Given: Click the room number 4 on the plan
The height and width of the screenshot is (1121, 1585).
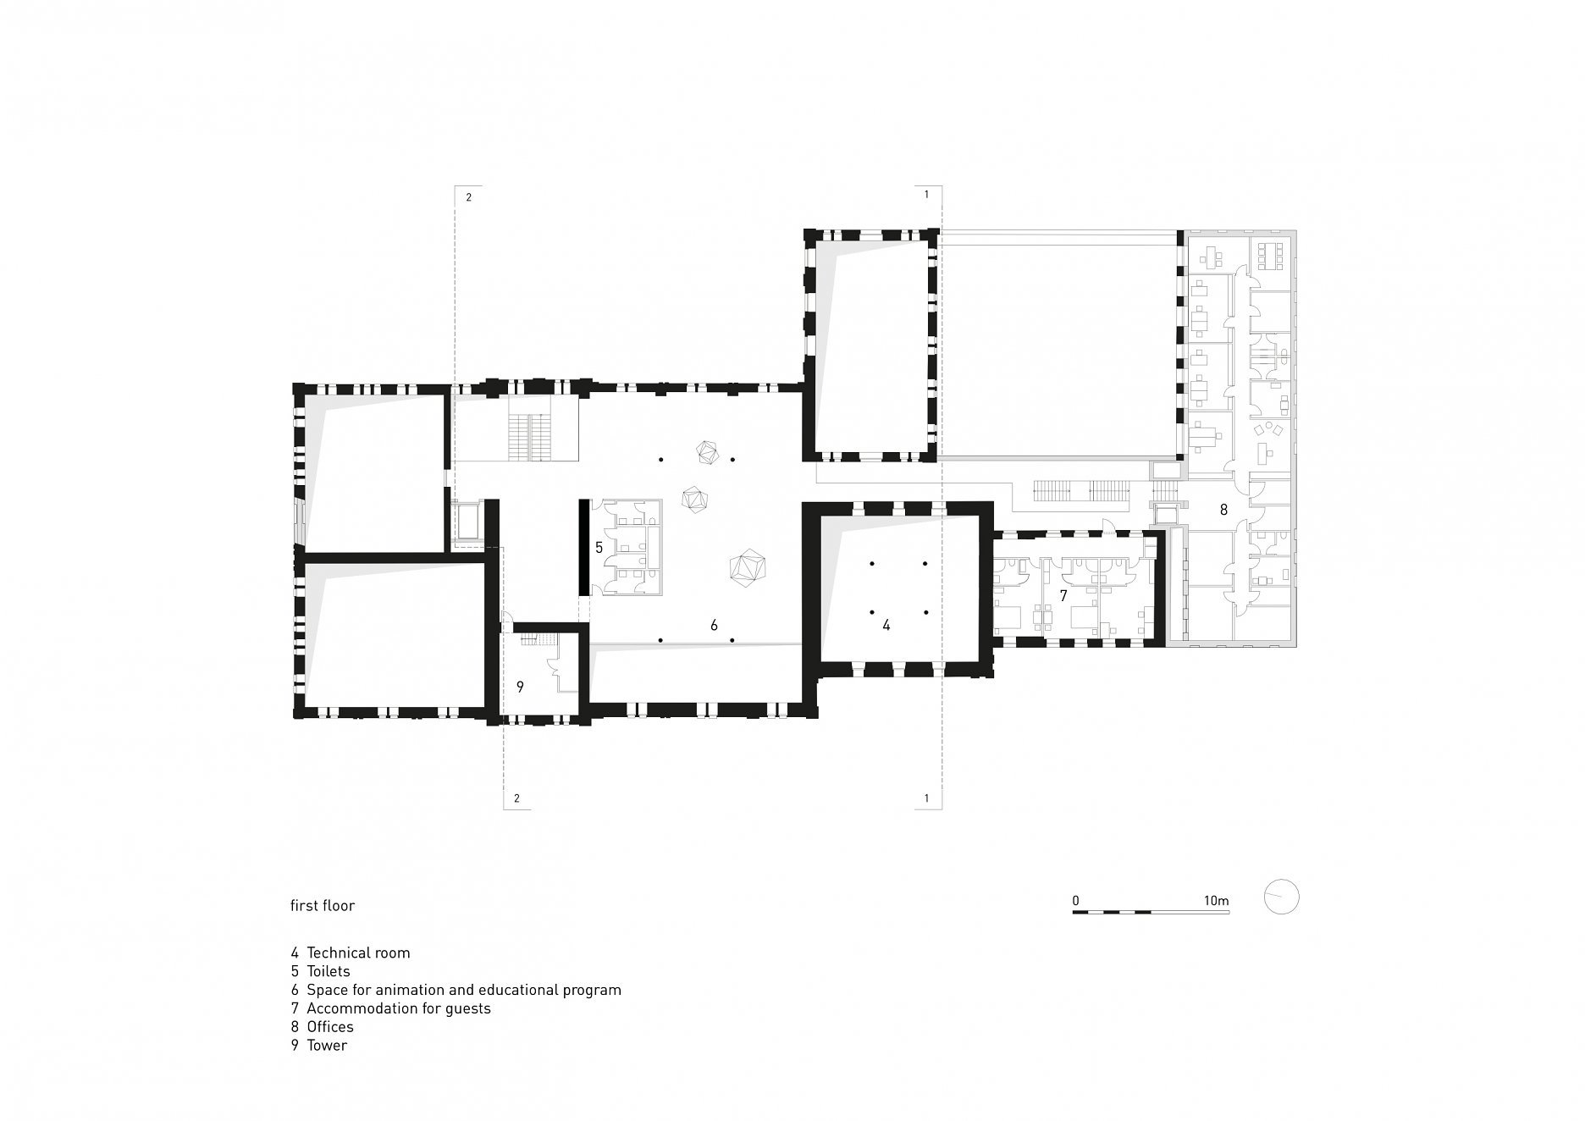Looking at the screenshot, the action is point(886,626).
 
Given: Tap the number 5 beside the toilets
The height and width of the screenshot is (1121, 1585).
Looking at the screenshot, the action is point(599,548).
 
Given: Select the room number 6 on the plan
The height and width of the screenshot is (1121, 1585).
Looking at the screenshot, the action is point(714,625).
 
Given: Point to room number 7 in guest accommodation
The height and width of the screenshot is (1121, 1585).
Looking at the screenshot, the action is point(1063,596).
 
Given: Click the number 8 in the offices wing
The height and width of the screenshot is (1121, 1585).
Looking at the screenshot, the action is point(1223,510).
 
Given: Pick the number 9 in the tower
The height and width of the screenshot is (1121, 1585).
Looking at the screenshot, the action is point(520,687).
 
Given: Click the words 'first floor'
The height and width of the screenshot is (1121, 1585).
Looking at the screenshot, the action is point(323,906).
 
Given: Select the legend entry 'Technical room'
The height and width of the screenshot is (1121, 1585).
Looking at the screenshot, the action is point(358,953).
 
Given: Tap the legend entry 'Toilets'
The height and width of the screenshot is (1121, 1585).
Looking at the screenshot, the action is point(329,971).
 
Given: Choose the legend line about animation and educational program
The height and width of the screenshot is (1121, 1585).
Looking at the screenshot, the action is point(464,990).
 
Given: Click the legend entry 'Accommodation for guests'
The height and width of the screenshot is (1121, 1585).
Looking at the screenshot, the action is point(399,1008).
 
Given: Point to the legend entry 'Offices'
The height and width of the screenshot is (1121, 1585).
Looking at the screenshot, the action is point(330,1027).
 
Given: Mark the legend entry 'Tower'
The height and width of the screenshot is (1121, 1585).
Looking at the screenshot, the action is point(327,1046).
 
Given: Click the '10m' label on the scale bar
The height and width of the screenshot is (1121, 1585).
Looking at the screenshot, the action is point(1216,900).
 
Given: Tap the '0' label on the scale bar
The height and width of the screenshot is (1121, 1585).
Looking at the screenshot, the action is point(1075,900).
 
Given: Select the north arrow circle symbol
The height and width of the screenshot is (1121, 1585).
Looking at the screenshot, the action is point(1281,897).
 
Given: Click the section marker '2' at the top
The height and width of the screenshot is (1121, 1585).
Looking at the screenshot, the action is point(468,197).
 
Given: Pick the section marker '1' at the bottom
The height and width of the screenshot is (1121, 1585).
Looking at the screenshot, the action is point(927,798).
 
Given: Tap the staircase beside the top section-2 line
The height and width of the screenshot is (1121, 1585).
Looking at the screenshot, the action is point(529,438).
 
